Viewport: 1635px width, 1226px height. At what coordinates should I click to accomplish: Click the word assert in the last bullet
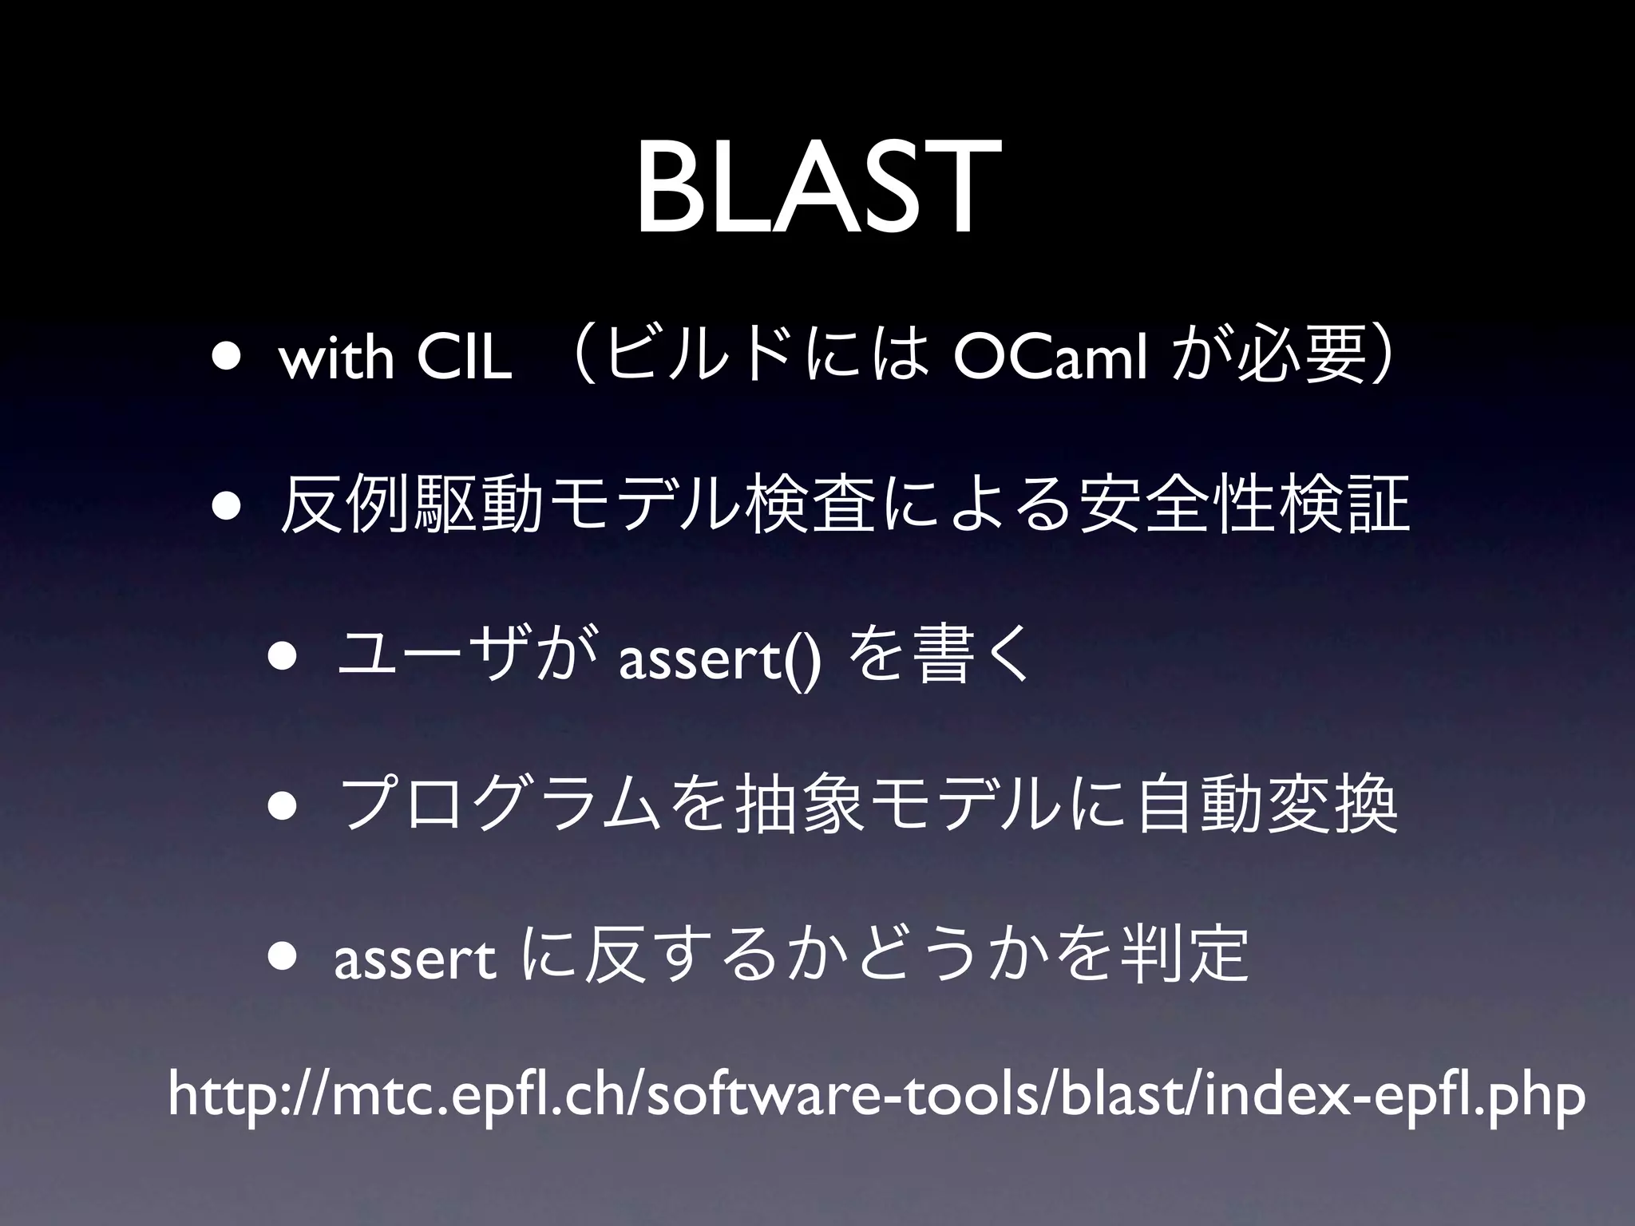414,962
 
